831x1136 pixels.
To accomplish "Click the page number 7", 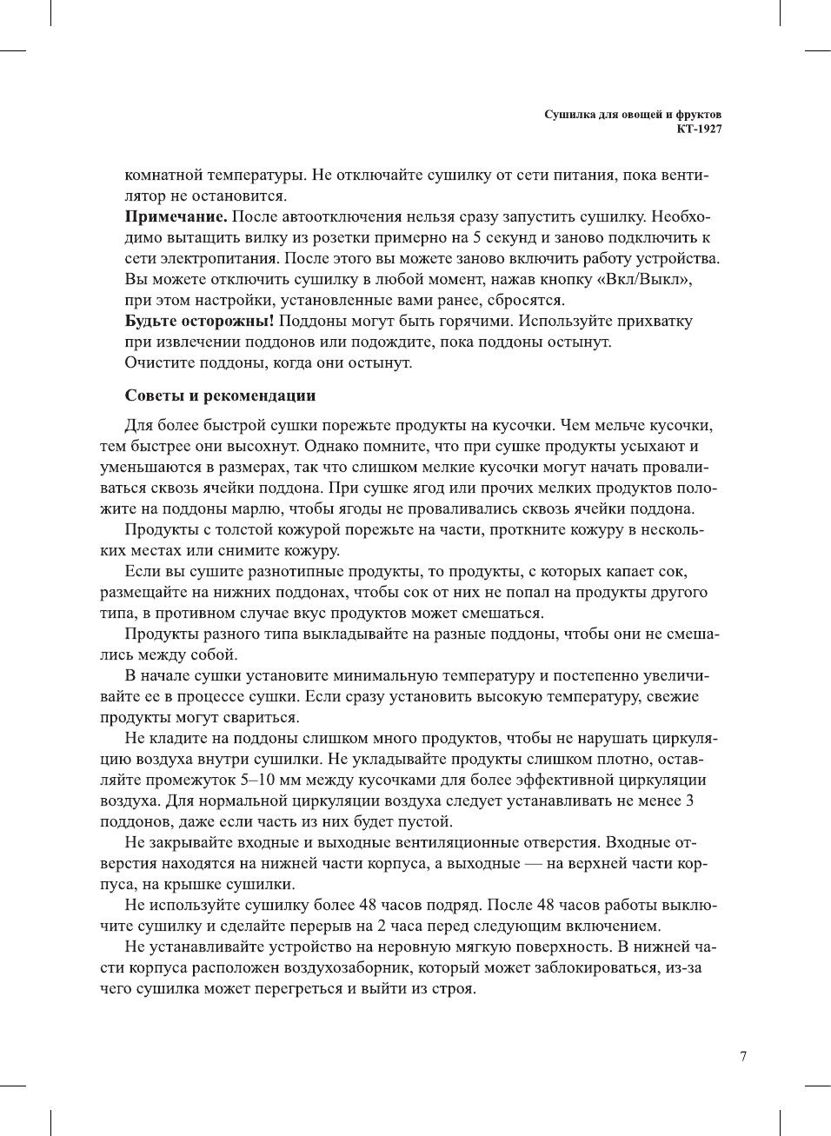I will [742, 1056].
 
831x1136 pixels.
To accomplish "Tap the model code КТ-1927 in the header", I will [699, 129].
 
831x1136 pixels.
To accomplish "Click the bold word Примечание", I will [176, 216].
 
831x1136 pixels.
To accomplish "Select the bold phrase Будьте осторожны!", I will [200, 321].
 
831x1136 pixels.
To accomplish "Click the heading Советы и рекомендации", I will [220, 395].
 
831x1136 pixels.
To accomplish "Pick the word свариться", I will [264, 717].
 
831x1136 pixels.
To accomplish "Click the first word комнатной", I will [168, 175].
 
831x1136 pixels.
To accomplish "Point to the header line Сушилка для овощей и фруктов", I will [633, 115].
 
